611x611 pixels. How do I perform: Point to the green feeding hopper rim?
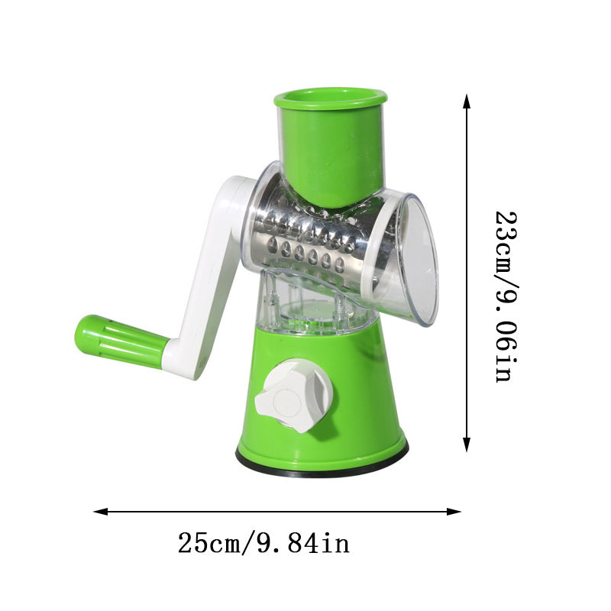coord(330,97)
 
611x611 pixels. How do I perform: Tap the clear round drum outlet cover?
coord(416,260)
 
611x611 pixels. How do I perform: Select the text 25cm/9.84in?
coord(263,544)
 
